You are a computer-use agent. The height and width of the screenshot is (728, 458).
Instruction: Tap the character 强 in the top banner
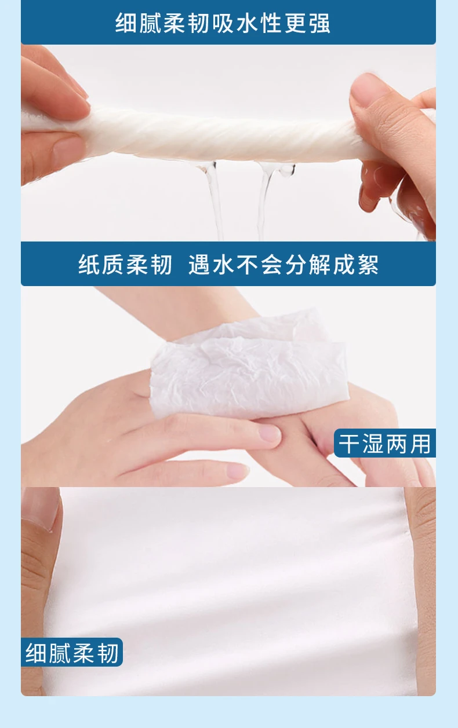click(320, 23)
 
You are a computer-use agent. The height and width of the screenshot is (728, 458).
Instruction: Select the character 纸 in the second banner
click(89, 264)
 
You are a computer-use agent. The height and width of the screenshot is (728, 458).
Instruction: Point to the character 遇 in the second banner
click(199, 264)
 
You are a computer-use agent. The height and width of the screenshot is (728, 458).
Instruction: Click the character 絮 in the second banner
click(368, 264)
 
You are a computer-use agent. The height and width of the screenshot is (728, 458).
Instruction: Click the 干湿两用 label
click(385, 443)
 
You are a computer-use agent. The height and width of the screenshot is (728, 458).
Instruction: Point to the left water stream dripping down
click(213, 198)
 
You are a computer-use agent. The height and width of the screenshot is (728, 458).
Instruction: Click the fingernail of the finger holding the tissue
click(270, 433)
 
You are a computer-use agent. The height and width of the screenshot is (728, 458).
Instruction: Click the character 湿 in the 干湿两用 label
click(373, 443)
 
